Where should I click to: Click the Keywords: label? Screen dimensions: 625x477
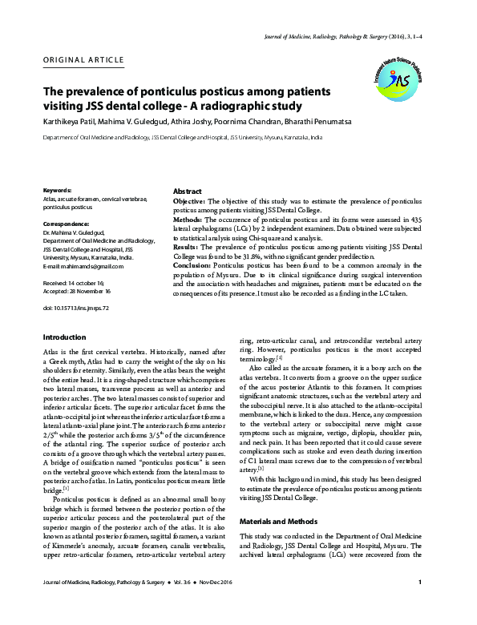click(60, 189)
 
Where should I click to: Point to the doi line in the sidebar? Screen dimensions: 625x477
click(76, 284)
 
